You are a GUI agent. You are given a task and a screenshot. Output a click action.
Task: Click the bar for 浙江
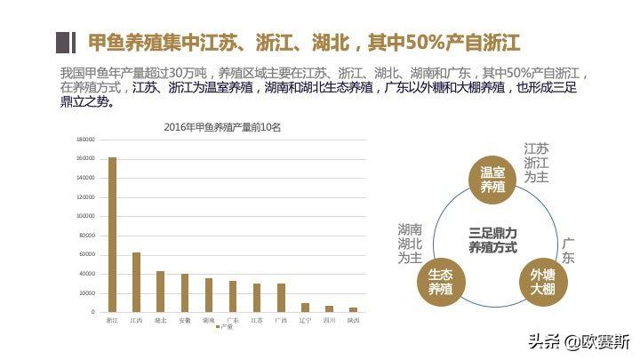coord(112,235)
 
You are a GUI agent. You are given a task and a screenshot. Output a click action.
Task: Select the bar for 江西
coord(136,282)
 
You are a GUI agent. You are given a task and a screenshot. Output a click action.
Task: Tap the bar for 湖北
coord(160,292)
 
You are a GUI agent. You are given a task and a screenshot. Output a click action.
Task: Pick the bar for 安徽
coord(185,292)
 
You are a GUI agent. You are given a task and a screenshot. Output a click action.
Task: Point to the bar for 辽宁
coord(305,308)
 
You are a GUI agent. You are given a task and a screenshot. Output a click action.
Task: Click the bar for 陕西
coord(353,309)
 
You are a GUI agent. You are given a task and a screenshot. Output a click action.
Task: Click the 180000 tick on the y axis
coord(85,140)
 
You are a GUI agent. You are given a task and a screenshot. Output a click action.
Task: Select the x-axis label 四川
coord(329,319)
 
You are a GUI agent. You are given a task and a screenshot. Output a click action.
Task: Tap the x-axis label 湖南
coord(209,319)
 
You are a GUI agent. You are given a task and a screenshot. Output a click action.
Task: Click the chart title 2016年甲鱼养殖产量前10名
coord(222,126)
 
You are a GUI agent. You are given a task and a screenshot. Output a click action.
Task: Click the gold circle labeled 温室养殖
coord(492,179)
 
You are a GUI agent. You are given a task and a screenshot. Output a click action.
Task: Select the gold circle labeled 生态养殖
coord(441,283)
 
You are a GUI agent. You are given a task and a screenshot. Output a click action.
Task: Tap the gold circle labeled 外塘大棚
coord(543,283)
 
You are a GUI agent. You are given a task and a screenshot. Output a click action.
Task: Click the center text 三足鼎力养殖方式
coord(492,241)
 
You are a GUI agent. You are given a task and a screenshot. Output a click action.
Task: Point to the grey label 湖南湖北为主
coord(410,243)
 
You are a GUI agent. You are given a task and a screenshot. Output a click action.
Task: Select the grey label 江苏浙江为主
coord(536,163)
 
